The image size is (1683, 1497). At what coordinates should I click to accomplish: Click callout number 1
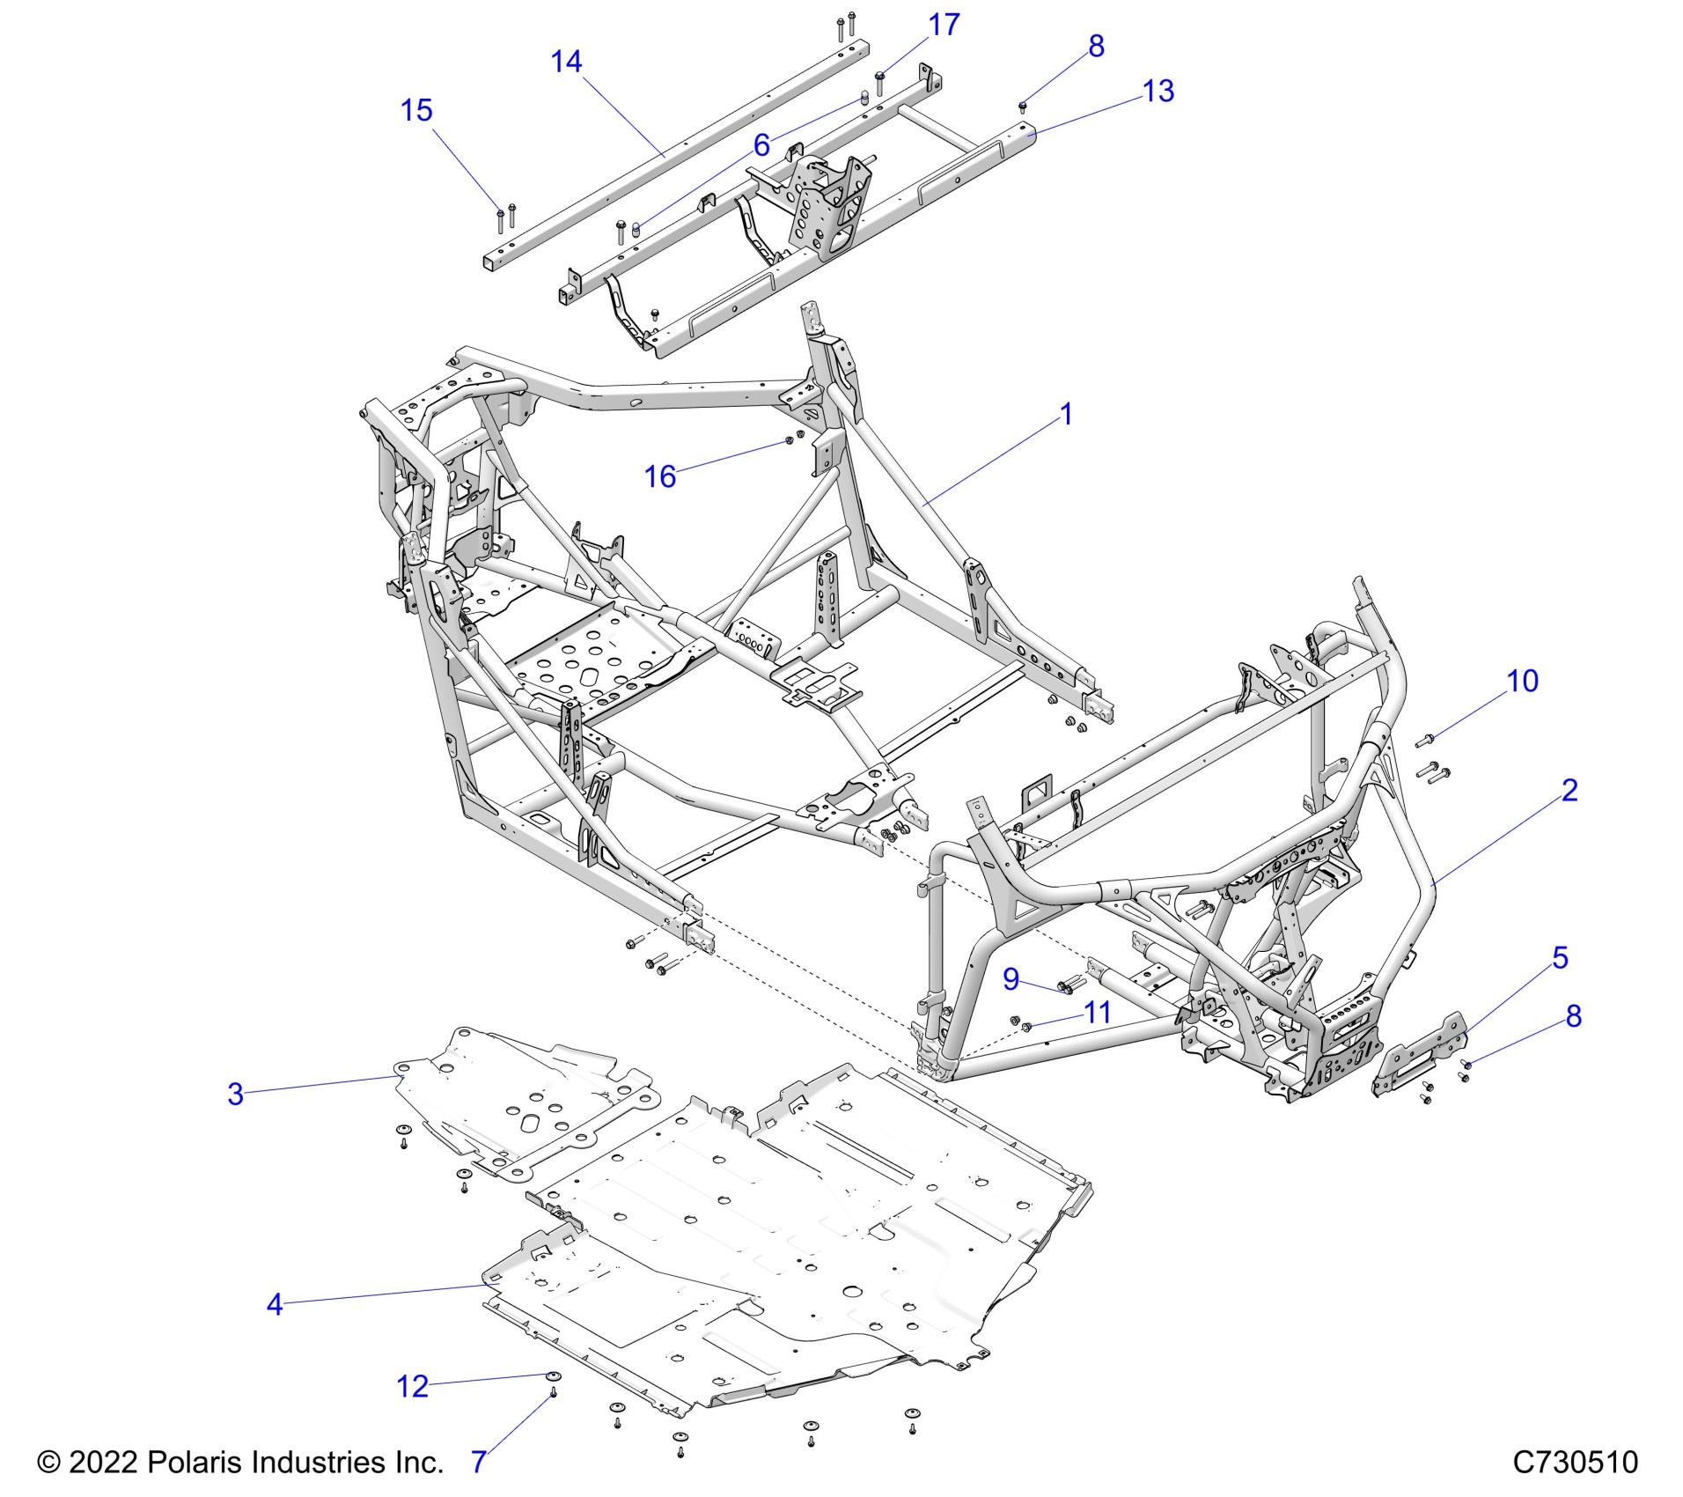1066,414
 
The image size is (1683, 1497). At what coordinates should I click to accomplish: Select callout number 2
1569,790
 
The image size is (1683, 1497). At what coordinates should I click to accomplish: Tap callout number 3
235,1095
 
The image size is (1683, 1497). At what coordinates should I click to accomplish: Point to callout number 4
275,1304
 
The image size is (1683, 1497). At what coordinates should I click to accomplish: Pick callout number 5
1560,957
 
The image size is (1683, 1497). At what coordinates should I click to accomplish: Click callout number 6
761,144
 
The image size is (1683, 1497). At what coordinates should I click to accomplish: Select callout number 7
478,1462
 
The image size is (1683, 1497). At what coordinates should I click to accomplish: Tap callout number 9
1011,978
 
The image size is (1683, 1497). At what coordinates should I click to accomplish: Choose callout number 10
1522,681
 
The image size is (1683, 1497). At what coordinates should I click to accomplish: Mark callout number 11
1097,1013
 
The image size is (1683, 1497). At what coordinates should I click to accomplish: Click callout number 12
412,1387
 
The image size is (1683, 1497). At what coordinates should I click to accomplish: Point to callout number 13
1158,91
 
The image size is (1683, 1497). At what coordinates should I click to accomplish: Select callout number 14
566,62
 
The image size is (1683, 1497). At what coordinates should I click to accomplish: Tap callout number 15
416,110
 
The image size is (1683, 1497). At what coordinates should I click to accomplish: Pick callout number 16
659,476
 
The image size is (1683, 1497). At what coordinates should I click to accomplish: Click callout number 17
944,25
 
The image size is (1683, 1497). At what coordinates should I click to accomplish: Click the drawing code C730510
1575,1463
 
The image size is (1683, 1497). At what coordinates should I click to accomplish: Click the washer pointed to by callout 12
553,1376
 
